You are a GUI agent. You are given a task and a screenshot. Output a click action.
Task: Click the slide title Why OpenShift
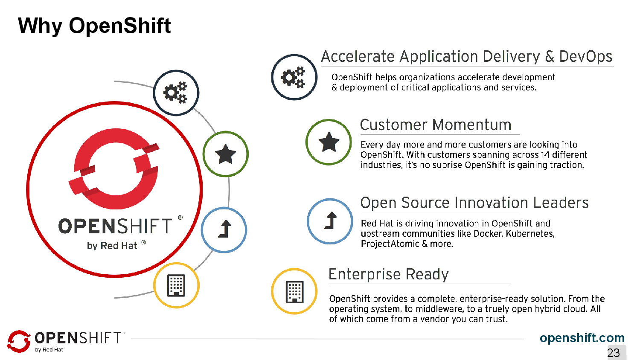pos(94,26)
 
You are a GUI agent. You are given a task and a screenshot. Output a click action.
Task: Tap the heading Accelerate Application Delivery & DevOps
pos(466,57)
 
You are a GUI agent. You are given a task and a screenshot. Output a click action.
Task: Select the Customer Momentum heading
pos(436,125)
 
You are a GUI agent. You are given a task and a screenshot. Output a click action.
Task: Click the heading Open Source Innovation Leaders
pos(474,203)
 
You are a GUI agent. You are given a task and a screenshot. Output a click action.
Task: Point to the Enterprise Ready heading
pos(388,274)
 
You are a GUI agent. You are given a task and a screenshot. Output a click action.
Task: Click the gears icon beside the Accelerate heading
pos(294,77)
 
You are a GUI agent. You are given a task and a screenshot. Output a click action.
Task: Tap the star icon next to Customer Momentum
pos(329,142)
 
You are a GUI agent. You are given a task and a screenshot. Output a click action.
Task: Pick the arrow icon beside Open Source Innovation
pos(330,221)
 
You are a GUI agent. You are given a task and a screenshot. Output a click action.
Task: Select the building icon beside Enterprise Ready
pos(294,292)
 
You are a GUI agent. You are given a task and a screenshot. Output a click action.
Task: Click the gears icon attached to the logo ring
pos(176,93)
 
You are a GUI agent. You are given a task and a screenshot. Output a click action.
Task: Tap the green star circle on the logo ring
pos(225,154)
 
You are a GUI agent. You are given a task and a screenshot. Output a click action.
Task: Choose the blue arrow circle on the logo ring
pos(224,229)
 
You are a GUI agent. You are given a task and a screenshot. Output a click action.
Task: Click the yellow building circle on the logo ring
pos(176,285)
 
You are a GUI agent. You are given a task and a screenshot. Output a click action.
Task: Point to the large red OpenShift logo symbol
pos(114,169)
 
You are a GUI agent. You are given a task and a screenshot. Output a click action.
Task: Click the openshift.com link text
pos(582,338)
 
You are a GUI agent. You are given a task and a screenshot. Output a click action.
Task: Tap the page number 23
pos(614,353)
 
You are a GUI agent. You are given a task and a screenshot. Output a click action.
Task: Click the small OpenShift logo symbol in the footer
pos(19,341)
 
